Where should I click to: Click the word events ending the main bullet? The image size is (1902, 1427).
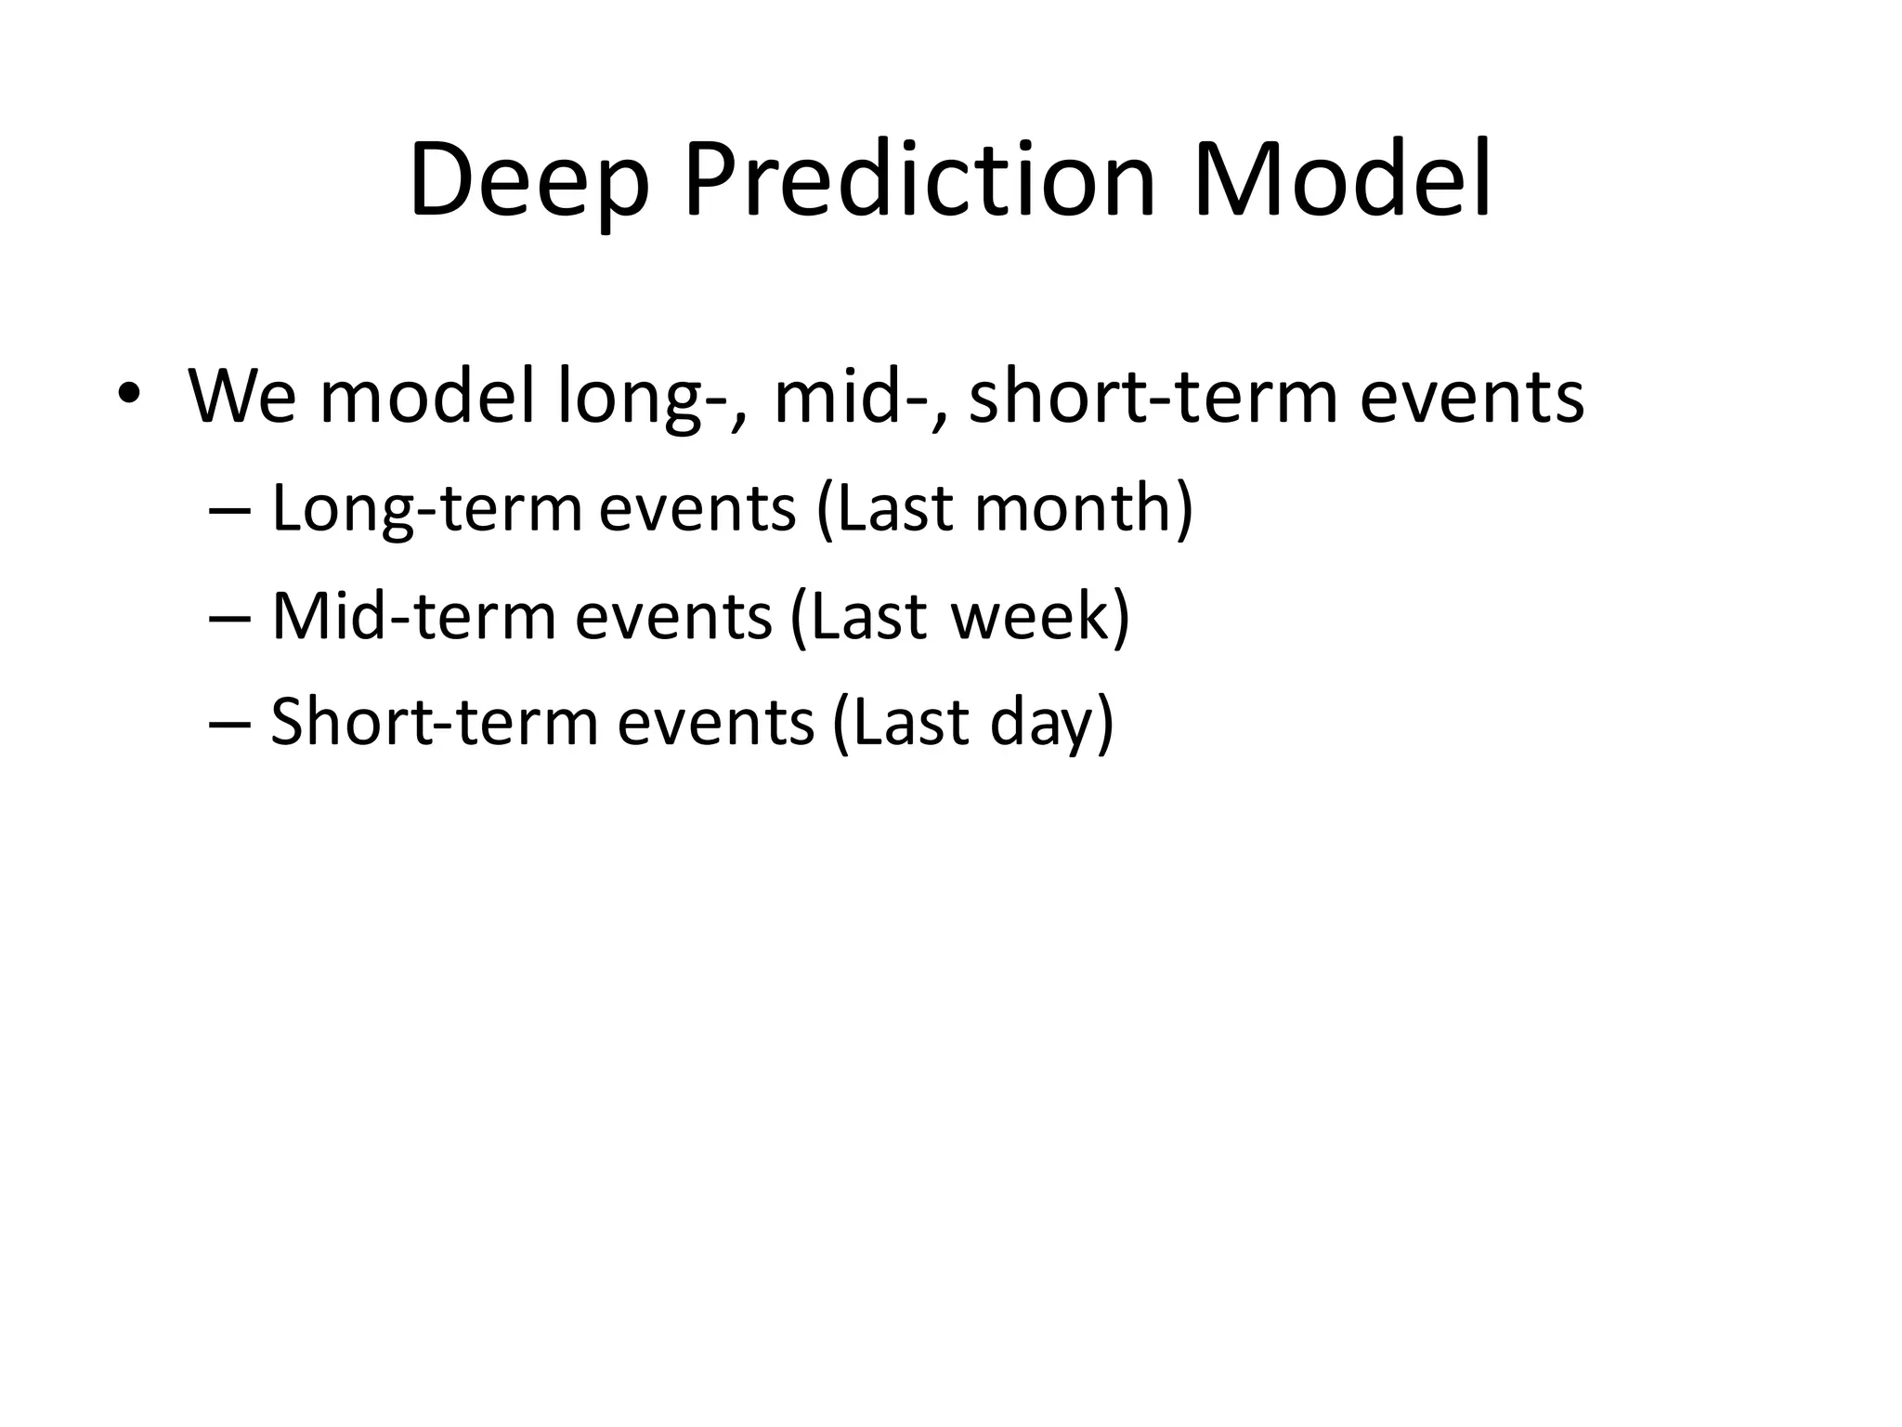tap(1472, 397)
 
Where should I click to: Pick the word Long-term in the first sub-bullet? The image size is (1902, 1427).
tap(425, 509)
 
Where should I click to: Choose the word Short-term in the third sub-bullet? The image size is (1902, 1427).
tap(434, 723)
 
